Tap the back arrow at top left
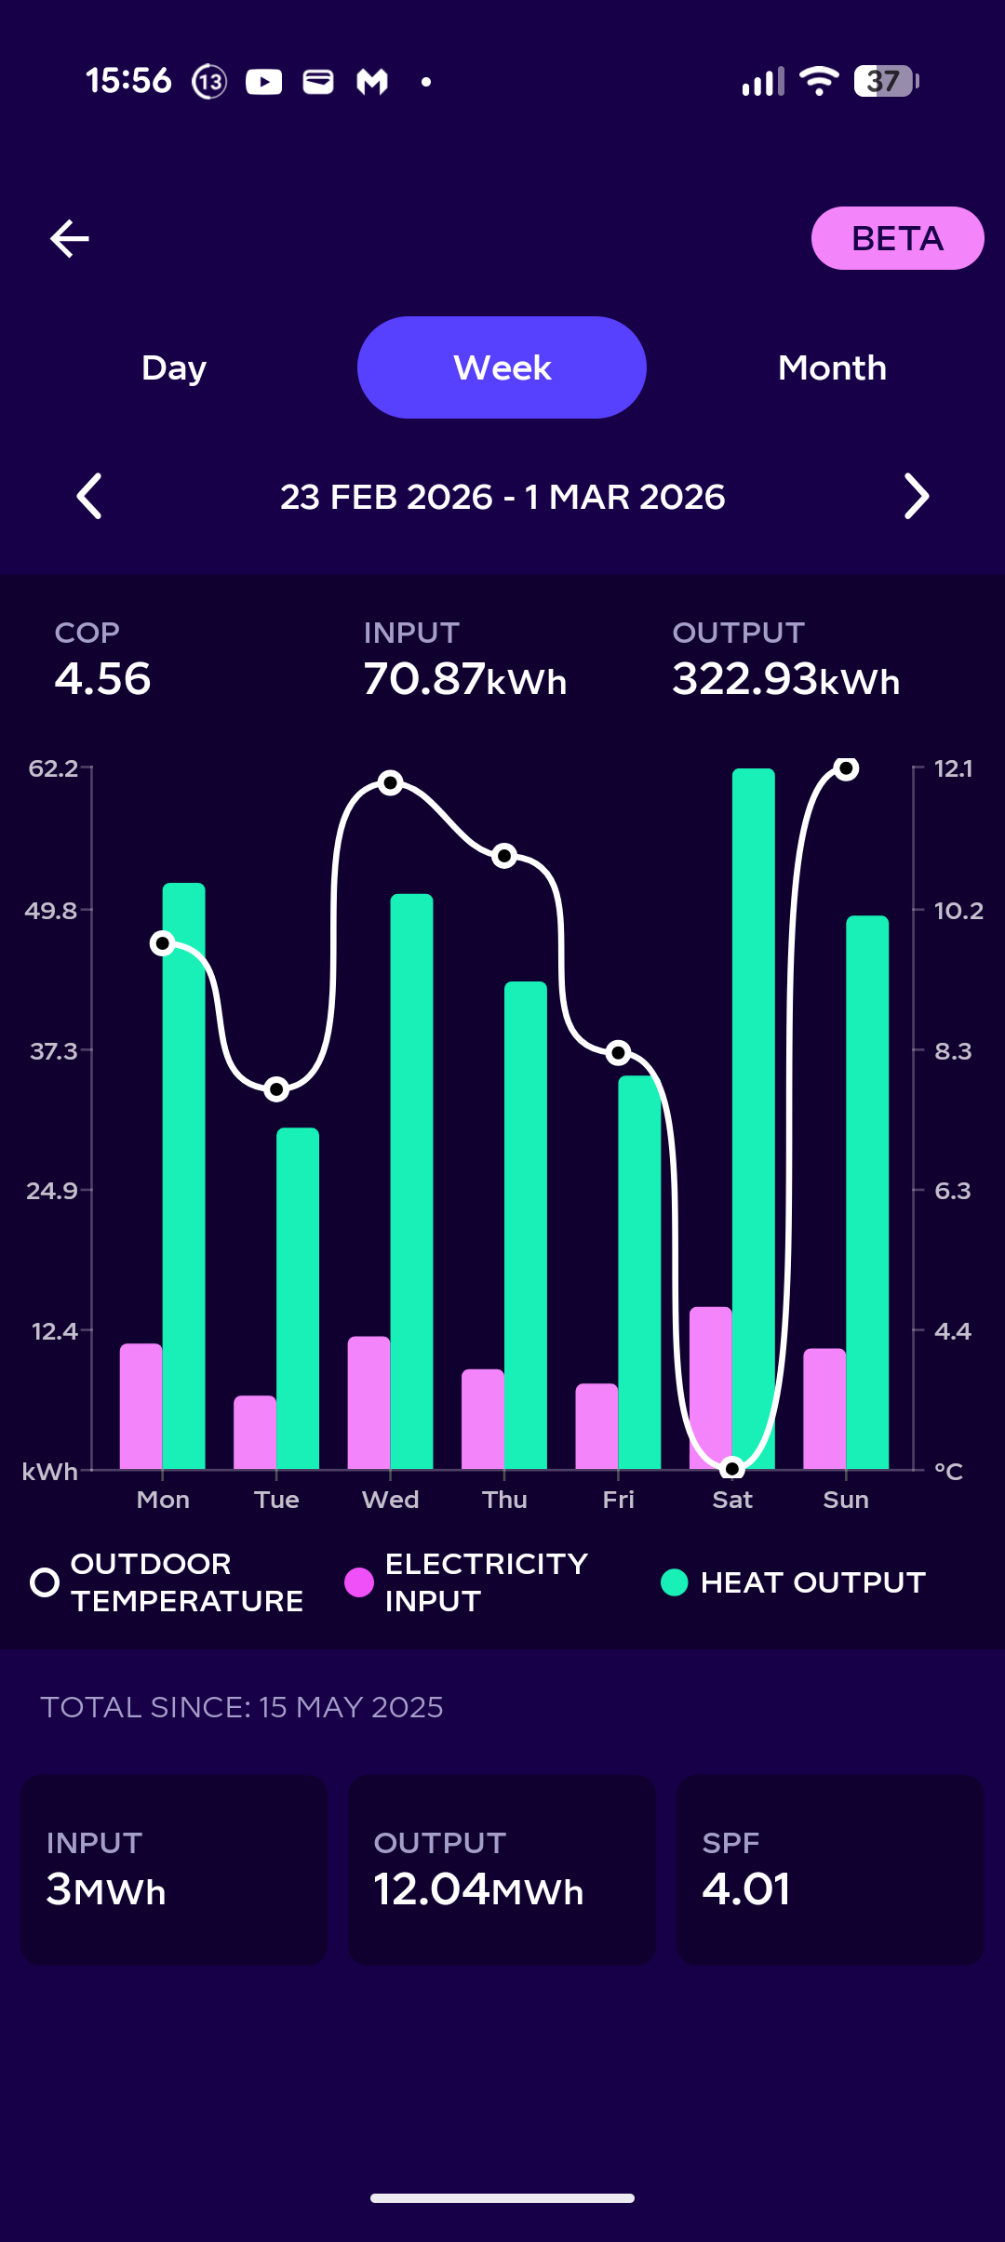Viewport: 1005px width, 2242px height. pyautogui.click(x=70, y=238)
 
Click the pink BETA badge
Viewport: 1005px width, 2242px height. pyautogui.click(x=897, y=238)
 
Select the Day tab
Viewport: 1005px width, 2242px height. pyautogui.click(x=174, y=367)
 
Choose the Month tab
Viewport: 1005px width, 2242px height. pyautogui.click(x=832, y=367)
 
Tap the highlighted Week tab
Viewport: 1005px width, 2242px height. pyautogui.click(x=502, y=367)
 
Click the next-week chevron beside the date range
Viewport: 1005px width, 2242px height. pyautogui.click(x=917, y=496)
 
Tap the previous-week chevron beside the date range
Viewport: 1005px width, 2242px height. pyautogui.click(x=89, y=496)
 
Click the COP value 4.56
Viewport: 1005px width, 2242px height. pyautogui.click(x=102, y=678)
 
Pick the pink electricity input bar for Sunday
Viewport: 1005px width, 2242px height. pyautogui.click(x=824, y=1408)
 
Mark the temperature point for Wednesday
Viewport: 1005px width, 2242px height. pyautogui.click(x=391, y=782)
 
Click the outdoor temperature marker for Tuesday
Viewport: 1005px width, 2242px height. pyautogui.click(x=276, y=1088)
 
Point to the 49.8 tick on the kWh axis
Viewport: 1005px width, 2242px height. pyautogui.click(x=52, y=910)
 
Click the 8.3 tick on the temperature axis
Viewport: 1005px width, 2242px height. pyautogui.click(x=952, y=1051)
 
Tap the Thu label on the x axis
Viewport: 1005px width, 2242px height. pyautogui.click(x=504, y=1500)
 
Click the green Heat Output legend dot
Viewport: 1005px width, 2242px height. pyautogui.click(x=674, y=1581)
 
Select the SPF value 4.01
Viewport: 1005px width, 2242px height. pyautogui.click(x=746, y=1888)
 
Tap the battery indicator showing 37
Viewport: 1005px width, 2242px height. pyautogui.click(x=886, y=81)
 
